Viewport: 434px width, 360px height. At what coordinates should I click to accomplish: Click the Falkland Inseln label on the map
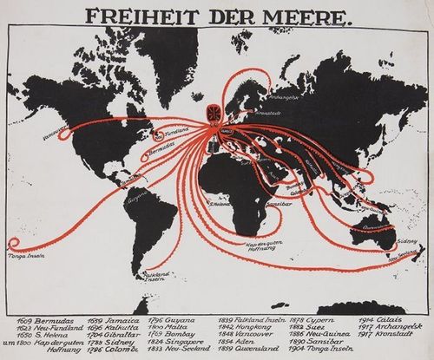pos(130,276)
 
